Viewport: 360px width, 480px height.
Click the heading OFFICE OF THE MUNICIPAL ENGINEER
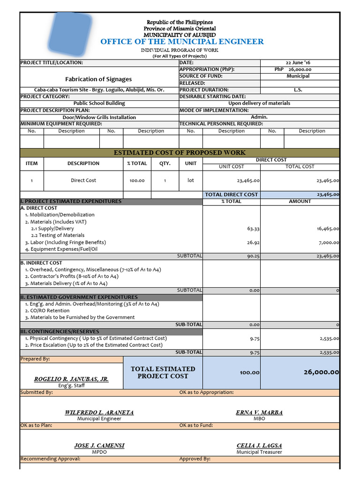click(182, 42)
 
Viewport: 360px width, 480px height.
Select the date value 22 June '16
click(298, 62)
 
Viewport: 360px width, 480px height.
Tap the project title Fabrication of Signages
click(98, 79)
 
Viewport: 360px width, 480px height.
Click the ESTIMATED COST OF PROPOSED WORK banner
click(180, 153)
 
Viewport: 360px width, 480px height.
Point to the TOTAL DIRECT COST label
click(232, 194)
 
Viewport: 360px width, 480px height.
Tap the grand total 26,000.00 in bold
click(321, 372)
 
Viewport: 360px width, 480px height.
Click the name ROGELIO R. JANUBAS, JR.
click(71, 379)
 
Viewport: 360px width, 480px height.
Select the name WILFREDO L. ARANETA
click(99, 412)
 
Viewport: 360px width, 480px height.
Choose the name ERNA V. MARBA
click(259, 412)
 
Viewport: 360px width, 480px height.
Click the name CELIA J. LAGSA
click(259, 445)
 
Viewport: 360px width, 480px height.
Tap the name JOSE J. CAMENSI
click(99, 445)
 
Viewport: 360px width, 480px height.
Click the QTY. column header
click(165, 164)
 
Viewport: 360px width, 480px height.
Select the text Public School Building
click(99, 103)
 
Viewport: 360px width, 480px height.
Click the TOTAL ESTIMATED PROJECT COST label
click(163, 373)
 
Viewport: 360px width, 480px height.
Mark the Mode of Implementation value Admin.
click(259, 117)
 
